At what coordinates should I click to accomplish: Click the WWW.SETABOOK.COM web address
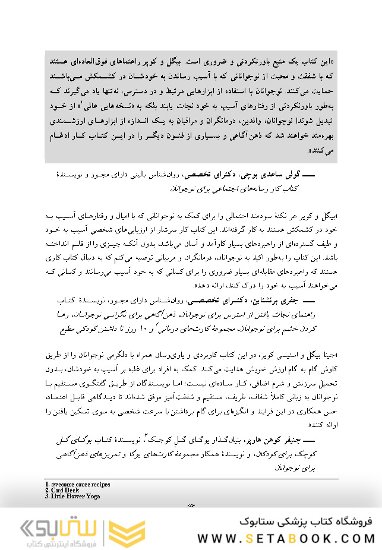[x=286, y=538]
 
